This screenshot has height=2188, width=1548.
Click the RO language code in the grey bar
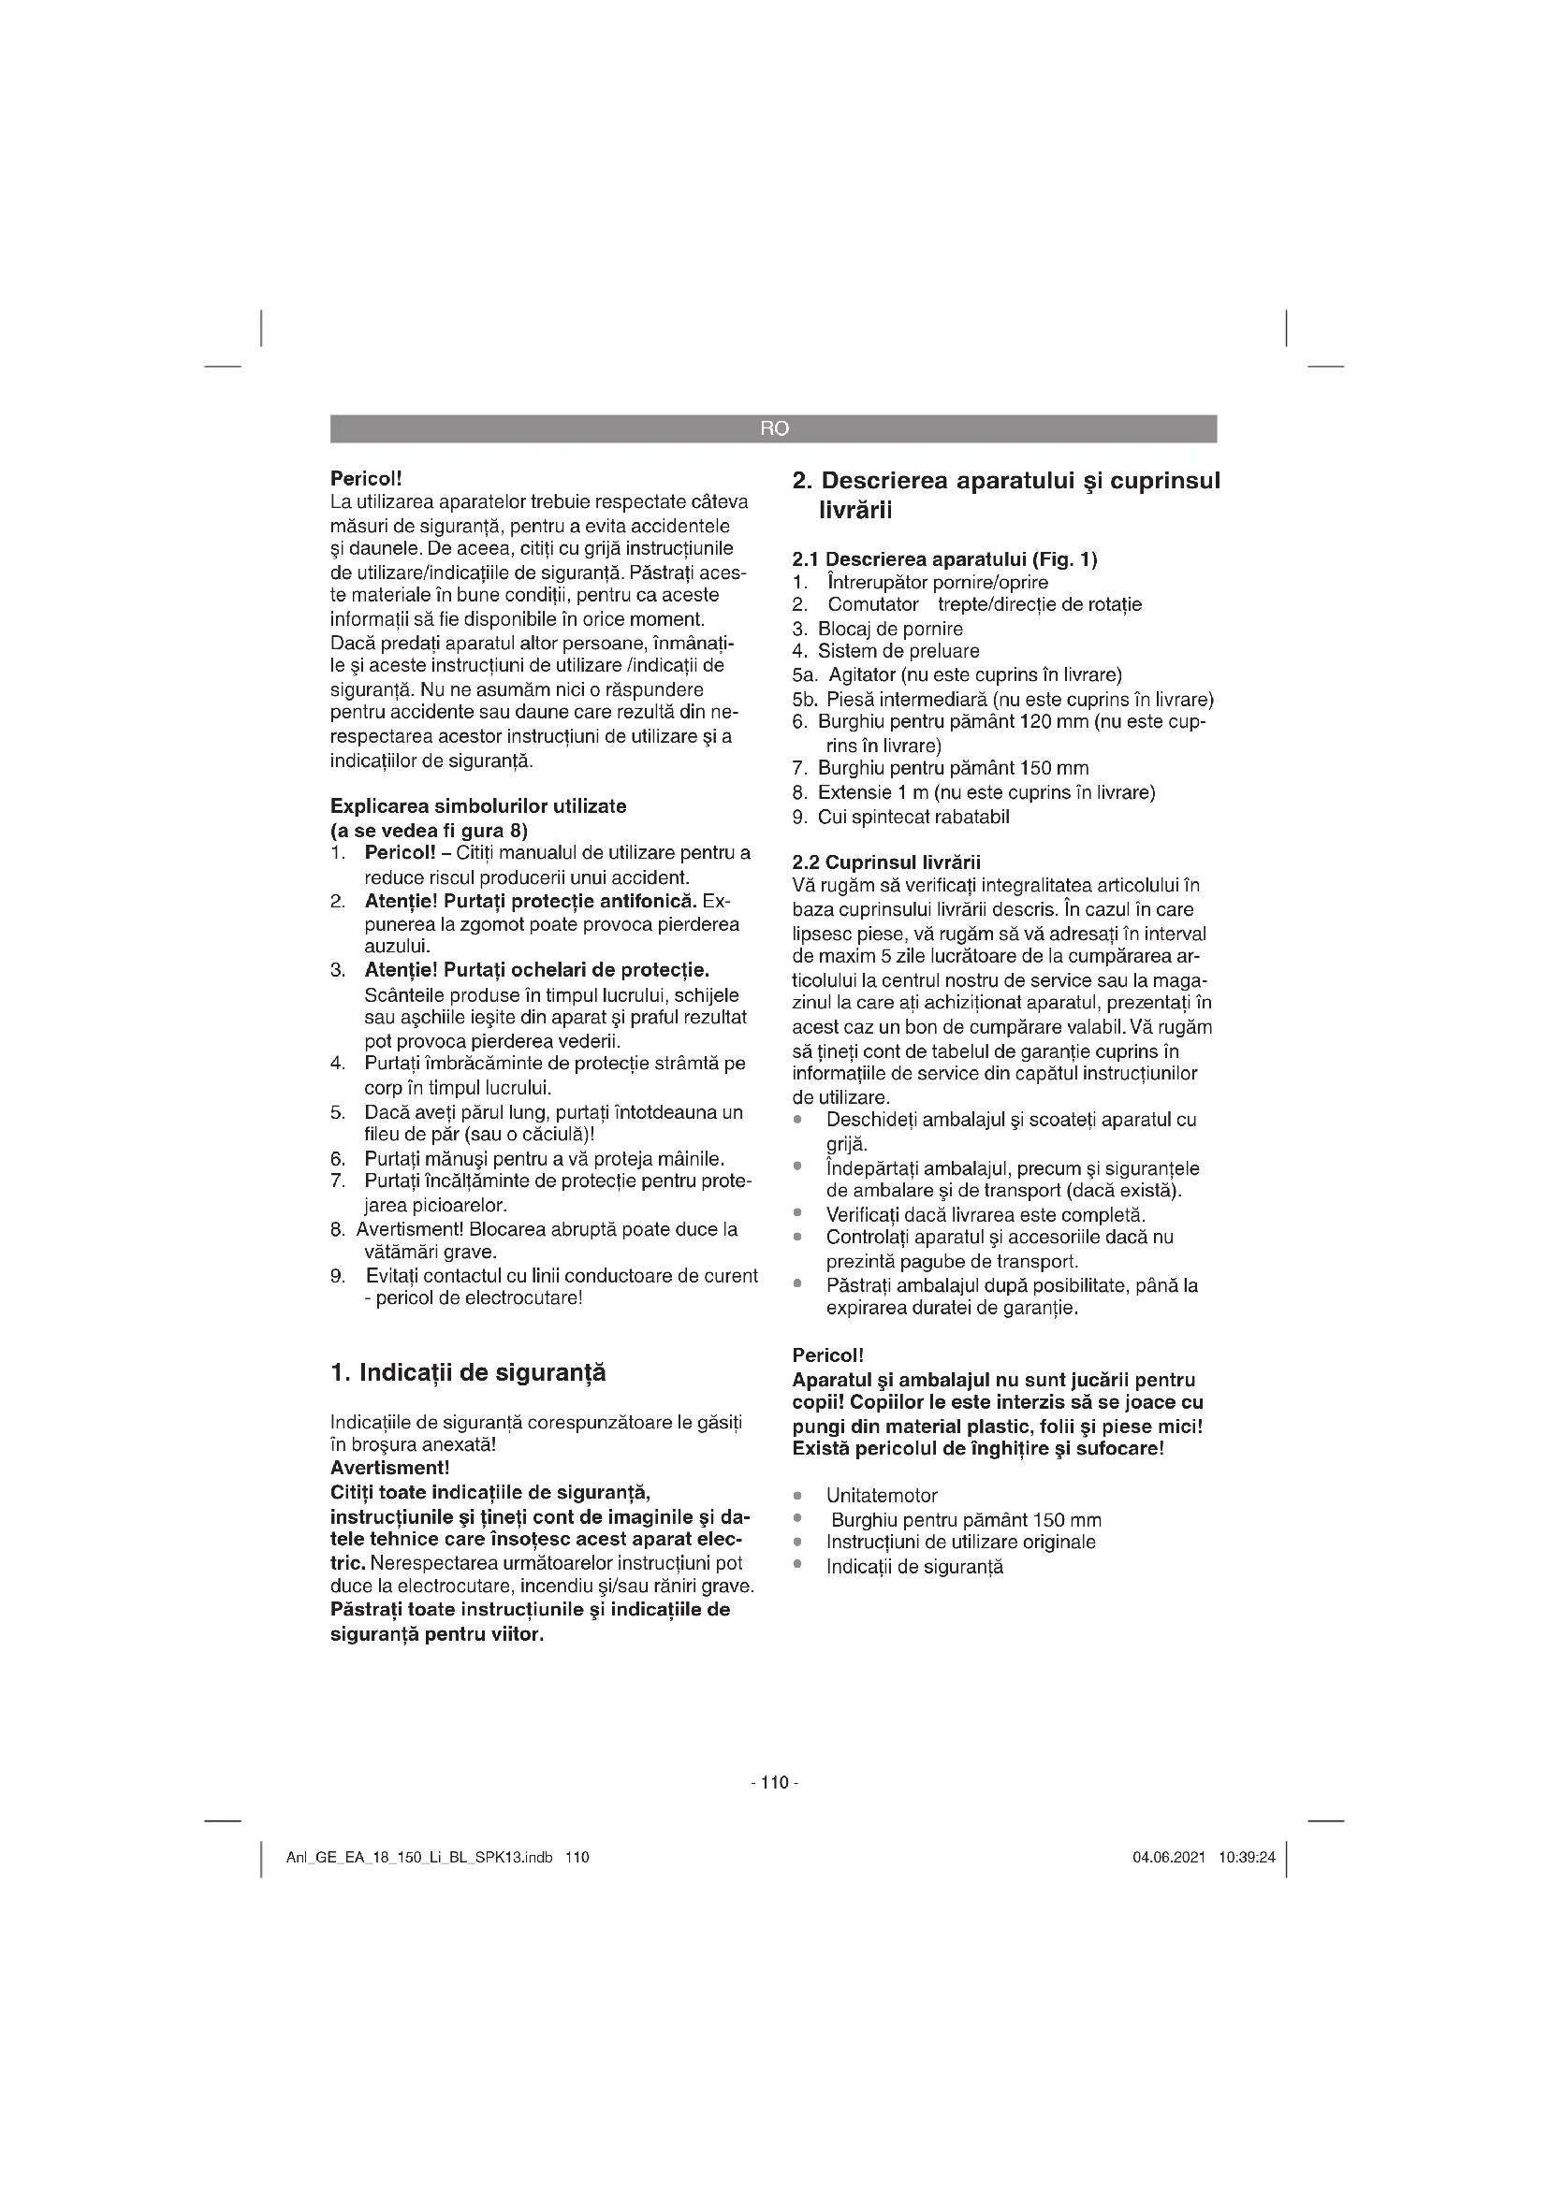point(774,428)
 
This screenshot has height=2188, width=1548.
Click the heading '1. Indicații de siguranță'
point(467,1373)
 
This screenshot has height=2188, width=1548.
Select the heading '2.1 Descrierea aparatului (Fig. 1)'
point(944,559)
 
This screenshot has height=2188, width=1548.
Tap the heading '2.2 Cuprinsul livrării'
point(886,863)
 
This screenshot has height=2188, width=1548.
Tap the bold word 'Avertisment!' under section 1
point(390,1468)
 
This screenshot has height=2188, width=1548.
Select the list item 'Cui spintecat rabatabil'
point(913,817)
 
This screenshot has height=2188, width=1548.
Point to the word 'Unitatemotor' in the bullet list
point(882,1496)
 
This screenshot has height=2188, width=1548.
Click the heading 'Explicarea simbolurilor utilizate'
point(478,806)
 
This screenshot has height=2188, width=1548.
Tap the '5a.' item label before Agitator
point(806,675)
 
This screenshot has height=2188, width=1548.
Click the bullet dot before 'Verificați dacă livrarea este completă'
point(798,1214)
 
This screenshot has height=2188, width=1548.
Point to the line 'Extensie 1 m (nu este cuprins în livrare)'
point(986,793)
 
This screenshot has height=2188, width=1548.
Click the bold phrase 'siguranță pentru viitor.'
point(436,1635)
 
